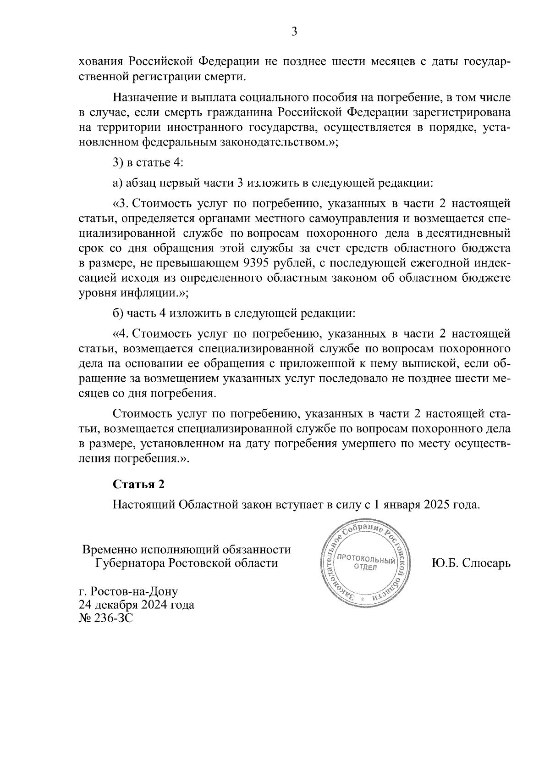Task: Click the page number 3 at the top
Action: [x=294, y=32]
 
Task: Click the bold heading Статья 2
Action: [x=138, y=484]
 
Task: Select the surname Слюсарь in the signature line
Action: [x=487, y=563]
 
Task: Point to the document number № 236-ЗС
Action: [x=105, y=618]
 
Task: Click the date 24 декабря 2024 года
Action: [x=136, y=605]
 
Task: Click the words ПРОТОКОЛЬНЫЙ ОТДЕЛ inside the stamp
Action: [x=365, y=563]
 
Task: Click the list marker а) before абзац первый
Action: [x=117, y=183]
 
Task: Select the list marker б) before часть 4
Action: [x=117, y=313]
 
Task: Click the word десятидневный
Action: [x=468, y=234]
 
